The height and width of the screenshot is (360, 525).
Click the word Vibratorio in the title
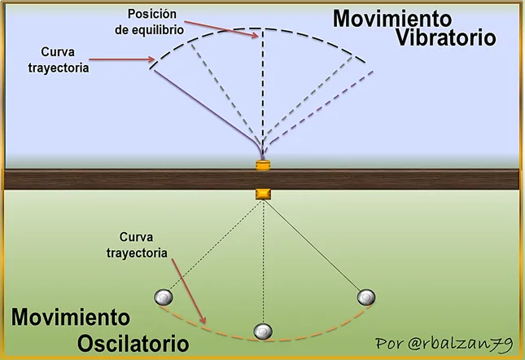tap(446, 37)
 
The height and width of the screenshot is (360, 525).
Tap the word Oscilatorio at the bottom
tap(133, 344)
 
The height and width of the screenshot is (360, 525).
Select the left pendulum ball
tap(164, 297)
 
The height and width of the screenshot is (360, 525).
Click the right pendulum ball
tap(366, 297)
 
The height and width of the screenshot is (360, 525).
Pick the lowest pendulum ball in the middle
tap(263, 331)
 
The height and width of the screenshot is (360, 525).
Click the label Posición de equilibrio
tap(149, 22)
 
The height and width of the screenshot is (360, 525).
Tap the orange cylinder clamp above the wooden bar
tap(263, 165)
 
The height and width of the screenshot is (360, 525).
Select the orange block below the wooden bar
tap(263, 194)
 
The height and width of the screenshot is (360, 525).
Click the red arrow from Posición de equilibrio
tap(221, 30)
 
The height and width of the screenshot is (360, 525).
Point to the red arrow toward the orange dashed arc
tap(189, 291)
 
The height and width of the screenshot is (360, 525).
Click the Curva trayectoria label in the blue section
tap(59, 60)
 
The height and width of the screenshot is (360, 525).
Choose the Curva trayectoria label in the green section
tap(137, 245)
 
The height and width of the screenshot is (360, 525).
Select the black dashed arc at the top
tap(258, 29)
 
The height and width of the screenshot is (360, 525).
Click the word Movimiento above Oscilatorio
tap(71, 317)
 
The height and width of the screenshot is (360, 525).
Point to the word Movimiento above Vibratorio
tap(392, 19)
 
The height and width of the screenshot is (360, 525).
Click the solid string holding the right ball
tap(313, 245)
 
